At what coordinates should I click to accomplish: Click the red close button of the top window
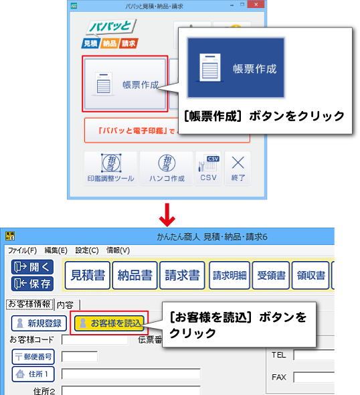[x=256, y=4]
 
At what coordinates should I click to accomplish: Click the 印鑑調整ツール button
[x=110, y=168]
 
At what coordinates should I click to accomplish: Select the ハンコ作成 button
[x=167, y=168]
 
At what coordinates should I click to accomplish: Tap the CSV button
[x=209, y=168]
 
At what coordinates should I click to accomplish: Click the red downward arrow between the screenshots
[x=167, y=215]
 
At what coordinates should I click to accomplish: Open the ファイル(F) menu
[x=22, y=250]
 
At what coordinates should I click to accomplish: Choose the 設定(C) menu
[x=87, y=250]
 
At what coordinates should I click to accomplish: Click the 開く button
[x=32, y=267]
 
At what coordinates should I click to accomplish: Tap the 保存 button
[x=32, y=284]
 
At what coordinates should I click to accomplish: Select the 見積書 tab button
[x=88, y=275]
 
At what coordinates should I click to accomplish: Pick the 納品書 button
[x=134, y=275]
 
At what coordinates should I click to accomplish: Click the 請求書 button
[x=182, y=275]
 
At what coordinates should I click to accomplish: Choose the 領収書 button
[x=310, y=275]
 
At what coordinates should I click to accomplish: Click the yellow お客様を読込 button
[x=110, y=323]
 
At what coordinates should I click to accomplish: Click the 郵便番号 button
[x=33, y=357]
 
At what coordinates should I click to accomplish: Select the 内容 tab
[x=67, y=305]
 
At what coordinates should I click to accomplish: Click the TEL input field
[x=314, y=355]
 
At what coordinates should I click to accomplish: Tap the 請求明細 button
[x=230, y=275]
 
